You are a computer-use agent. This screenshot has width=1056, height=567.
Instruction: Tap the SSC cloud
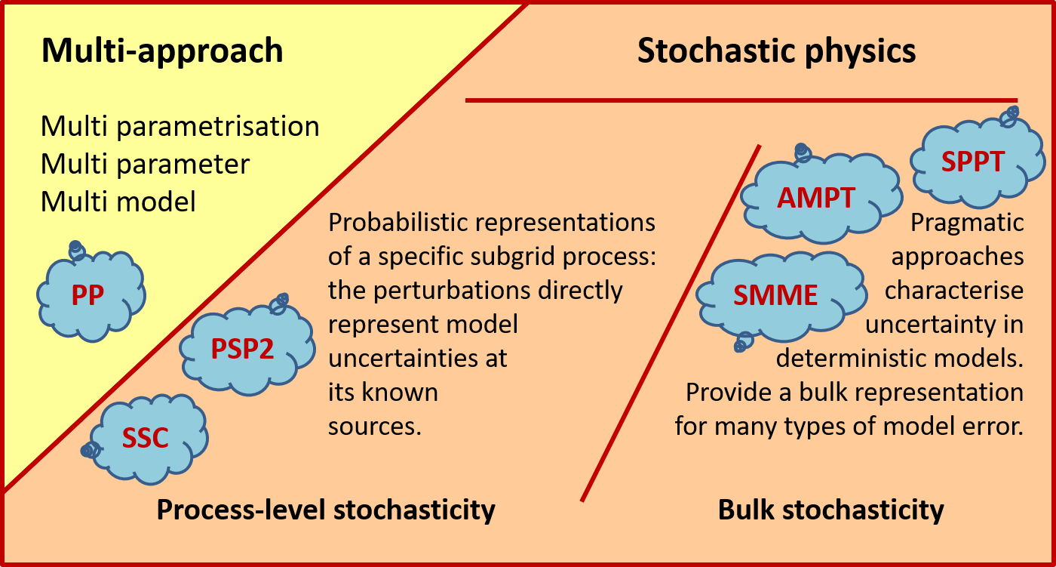(x=148, y=438)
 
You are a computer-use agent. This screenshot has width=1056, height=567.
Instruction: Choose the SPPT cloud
(x=972, y=162)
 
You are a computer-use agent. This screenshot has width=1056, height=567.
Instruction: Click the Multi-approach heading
(x=162, y=51)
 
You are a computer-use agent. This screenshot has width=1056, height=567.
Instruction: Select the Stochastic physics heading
(x=776, y=51)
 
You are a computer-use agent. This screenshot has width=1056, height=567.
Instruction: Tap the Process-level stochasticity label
(x=325, y=510)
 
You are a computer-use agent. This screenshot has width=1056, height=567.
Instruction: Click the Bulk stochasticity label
(x=830, y=510)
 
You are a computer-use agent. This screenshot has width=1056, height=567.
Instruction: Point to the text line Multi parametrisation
(x=180, y=126)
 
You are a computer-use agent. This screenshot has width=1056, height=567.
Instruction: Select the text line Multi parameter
(x=145, y=164)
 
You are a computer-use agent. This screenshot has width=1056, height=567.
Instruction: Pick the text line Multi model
(x=118, y=202)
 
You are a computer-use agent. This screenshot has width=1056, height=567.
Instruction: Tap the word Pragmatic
(x=967, y=224)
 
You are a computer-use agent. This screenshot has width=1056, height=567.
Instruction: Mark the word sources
(x=373, y=427)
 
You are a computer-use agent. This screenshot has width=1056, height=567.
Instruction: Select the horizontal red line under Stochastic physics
(x=741, y=100)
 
